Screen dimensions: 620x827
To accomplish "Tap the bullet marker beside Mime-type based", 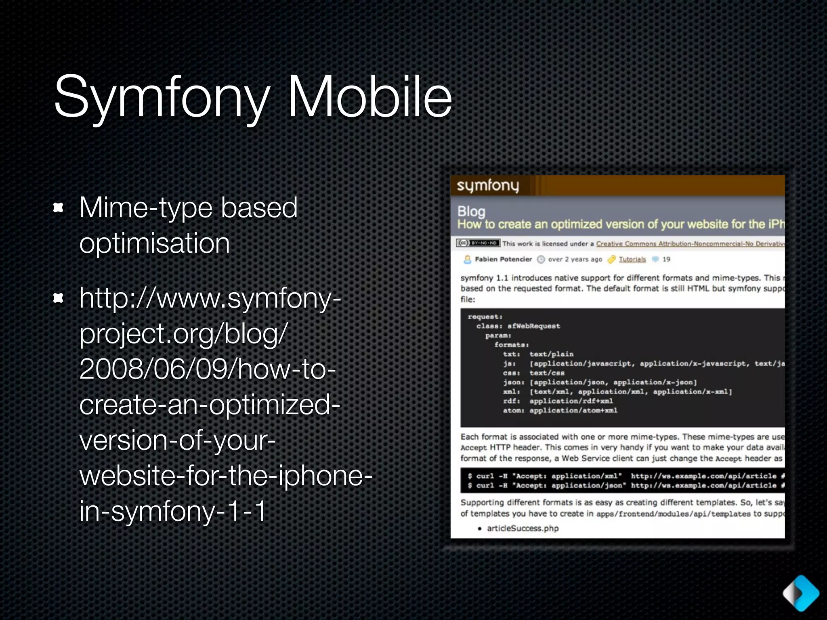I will (59, 208).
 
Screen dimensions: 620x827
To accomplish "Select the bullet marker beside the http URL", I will (59, 298).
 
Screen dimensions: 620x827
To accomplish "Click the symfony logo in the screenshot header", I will (487, 186).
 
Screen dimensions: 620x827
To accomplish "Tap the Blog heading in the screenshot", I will (471, 211).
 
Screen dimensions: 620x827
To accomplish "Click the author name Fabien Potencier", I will (503, 259).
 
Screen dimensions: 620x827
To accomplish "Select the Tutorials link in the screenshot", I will (632, 259).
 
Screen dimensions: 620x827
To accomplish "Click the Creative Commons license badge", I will (478, 243).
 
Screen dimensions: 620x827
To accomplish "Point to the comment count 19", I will (666, 259).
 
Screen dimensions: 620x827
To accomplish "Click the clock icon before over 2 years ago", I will (541, 260).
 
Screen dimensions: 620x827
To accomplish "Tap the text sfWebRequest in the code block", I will (533, 326).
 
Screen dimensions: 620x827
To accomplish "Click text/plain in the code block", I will (551, 354).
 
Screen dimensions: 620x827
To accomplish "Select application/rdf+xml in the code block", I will (571, 401).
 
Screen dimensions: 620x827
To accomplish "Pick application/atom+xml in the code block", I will (573, 411).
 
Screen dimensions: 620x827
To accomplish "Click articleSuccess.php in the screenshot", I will (523, 528).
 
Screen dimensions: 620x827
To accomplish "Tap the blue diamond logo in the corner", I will (801, 593).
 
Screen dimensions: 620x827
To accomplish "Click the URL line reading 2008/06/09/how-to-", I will (208, 369).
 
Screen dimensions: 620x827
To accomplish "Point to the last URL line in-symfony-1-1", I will (173, 511).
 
